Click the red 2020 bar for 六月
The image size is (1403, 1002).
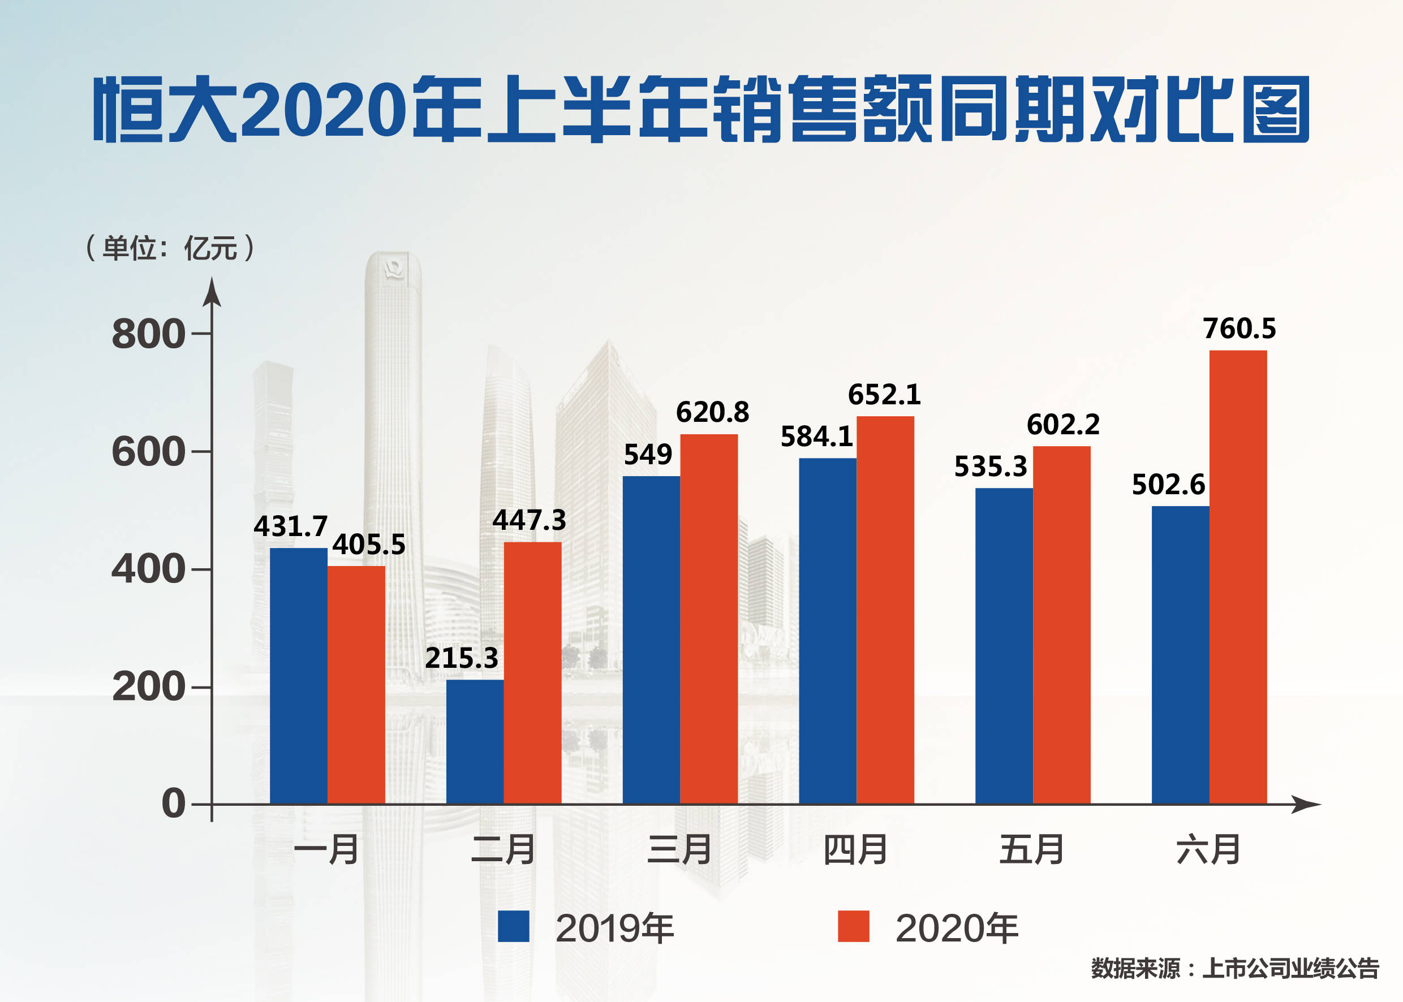click(x=1238, y=577)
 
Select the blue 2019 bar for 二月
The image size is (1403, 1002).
click(x=475, y=742)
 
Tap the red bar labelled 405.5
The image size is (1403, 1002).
click(x=356, y=685)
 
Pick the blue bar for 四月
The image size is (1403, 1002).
click(x=827, y=630)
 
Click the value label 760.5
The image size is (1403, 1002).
click(x=1239, y=328)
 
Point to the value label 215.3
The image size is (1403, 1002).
click(x=461, y=658)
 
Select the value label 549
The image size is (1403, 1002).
click(x=648, y=455)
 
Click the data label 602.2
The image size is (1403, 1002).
click(x=1063, y=425)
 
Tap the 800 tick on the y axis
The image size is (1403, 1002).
click(x=148, y=334)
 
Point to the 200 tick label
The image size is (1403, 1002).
click(x=148, y=686)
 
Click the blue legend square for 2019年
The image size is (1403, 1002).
click(x=513, y=926)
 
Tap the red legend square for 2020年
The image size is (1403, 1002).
click(x=853, y=926)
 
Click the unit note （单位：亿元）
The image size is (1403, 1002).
click(x=170, y=248)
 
